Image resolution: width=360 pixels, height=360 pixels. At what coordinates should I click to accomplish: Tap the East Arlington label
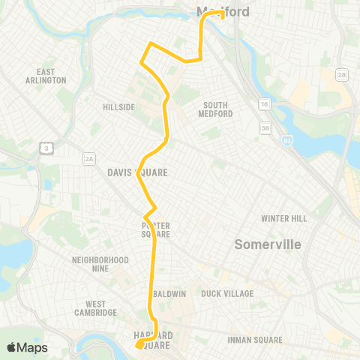pos(46,76)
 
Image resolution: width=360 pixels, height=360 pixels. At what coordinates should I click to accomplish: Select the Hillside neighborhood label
pos(118,107)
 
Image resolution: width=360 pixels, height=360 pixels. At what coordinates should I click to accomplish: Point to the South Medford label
pos(215,109)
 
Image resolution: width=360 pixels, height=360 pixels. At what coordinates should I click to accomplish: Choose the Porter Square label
pos(156,229)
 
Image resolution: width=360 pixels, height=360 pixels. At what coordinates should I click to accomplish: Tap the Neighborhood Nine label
pos(100,263)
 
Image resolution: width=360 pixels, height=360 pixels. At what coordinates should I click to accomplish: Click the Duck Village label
pos(227,293)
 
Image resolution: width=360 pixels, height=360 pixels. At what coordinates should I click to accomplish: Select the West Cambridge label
pos(95,307)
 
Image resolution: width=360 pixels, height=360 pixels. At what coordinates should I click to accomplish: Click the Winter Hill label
pos(284,218)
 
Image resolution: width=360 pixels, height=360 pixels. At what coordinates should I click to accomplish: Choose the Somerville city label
pos(267,244)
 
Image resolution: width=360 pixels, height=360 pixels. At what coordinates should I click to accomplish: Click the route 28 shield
pos(342,75)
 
